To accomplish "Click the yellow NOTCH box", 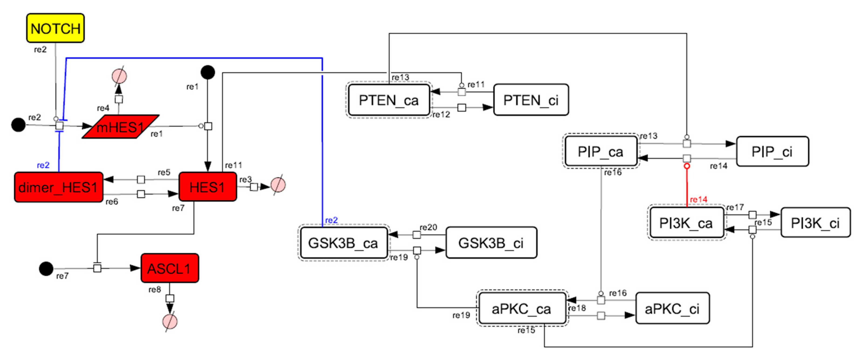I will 55,28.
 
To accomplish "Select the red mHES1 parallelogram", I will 120,127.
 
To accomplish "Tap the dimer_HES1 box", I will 59,187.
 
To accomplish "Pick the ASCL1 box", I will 169,268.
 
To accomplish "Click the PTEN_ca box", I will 388,100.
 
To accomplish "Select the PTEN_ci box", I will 531,100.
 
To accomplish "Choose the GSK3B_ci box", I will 491,243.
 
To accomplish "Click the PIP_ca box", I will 600,151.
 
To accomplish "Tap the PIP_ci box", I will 772,151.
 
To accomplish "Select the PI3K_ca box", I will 686,223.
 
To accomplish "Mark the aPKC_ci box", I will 672,308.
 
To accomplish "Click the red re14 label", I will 698,200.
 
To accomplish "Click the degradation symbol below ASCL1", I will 170,322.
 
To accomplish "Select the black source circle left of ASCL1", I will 46,268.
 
